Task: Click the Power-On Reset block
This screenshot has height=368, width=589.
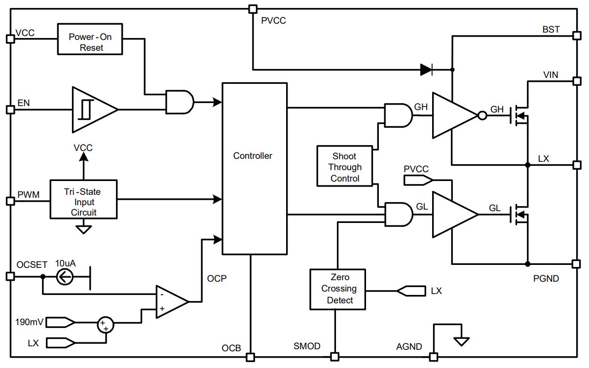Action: (90, 39)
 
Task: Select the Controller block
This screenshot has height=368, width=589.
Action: (255, 169)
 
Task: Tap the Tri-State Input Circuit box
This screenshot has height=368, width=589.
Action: (83, 199)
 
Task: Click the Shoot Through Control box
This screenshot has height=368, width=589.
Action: (345, 166)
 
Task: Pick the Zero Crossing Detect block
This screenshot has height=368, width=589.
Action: (338, 289)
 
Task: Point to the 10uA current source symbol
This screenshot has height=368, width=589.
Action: (65, 278)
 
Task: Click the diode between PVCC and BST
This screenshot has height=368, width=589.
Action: (426, 70)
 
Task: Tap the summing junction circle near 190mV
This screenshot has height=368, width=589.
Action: (106, 325)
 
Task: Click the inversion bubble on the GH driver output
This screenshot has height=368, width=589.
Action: (482, 115)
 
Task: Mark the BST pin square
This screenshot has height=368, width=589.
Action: (577, 36)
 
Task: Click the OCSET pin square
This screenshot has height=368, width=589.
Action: (10, 277)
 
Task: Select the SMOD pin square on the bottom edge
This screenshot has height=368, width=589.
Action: (334, 356)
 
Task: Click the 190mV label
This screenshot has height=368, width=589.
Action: (29, 322)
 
